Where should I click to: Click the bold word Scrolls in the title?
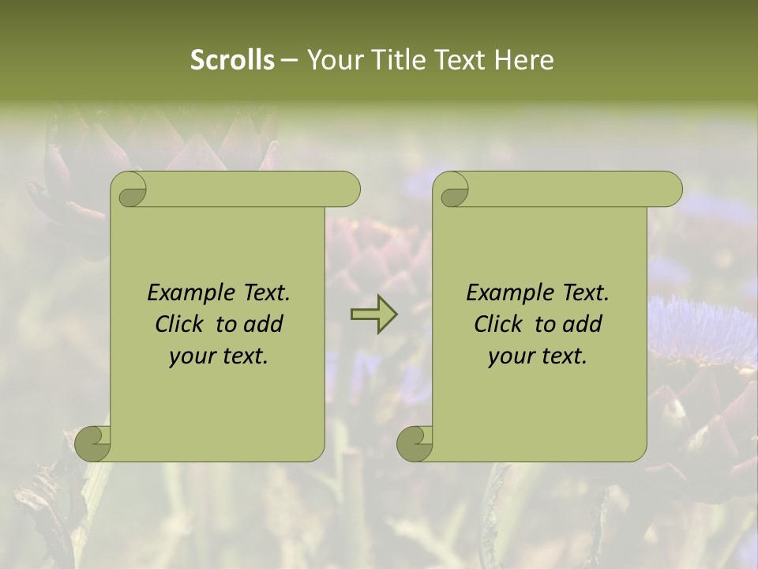click(232, 60)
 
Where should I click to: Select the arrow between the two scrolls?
click(373, 315)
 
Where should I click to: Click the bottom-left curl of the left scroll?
click(93, 443)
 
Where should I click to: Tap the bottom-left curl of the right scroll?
click(415, 443)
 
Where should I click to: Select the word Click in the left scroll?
click(181, 324)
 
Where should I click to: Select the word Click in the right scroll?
click(500, 324)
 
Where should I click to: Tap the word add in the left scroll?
click(263, 324)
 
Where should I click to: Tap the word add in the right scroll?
click(582, 324)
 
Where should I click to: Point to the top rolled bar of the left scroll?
click(253, 190)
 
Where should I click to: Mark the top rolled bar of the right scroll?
click(575, 190)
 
